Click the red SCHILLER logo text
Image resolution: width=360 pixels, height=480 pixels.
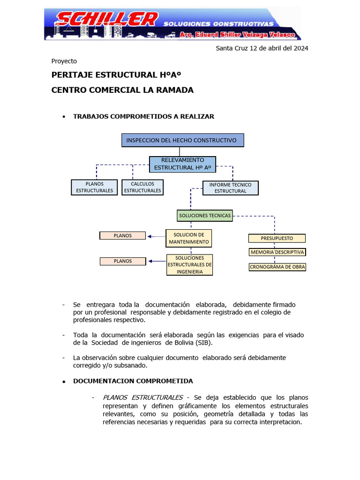point(107,20)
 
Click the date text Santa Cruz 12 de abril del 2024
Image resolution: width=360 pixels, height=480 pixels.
point(262,48)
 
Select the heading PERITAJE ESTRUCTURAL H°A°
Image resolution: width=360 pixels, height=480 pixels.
point(116,75)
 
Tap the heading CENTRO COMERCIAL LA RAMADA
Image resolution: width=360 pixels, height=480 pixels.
point(122,90)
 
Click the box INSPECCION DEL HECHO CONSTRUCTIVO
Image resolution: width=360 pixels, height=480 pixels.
point(182,140)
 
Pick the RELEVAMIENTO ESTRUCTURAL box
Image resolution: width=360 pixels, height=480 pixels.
point(182,164)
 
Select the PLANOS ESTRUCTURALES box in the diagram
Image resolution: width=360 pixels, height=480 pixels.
point(94,187)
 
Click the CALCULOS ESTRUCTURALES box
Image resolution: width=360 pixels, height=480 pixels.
point(142,187)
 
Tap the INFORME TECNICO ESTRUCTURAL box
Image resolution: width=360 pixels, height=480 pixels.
point(230,187)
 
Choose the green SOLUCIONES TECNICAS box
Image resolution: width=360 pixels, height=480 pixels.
point(205,216)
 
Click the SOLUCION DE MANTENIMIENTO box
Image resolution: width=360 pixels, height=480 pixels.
point(188,238)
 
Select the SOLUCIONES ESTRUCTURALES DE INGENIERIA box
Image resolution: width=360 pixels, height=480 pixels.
point(189,265)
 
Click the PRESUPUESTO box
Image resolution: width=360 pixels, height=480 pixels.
point(277,238)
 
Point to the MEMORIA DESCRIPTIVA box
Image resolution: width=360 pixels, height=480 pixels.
point(277,252)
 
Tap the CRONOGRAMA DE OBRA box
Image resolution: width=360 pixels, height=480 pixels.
point(277,267)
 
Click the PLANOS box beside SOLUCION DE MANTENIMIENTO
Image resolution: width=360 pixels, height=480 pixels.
point(123,236)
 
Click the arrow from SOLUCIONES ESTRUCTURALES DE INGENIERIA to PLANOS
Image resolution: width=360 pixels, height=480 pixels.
point(157,262)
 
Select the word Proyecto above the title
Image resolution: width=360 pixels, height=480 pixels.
point(64,61)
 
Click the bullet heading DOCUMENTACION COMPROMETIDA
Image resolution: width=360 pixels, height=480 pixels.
point(133,381)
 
